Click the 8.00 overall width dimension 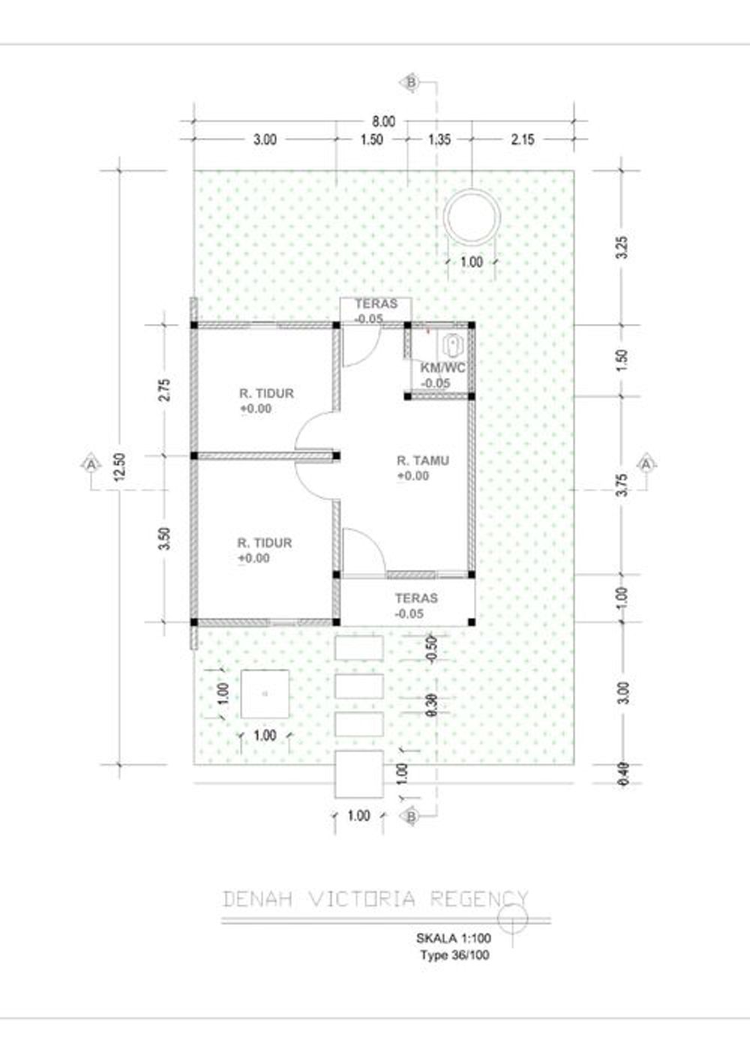click(383, 121)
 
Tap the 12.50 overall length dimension click(120, 466)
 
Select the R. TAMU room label click(423, 460)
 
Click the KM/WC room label click(442, 368)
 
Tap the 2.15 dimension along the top click(523, 139)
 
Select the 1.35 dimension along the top click(439, 139)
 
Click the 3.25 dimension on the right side click(624, 247)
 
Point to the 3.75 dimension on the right click(624, 484)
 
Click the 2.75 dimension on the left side click(165, 389)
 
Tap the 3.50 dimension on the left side click(165, 538)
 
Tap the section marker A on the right click(646, 463)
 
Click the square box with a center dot click(265, 694)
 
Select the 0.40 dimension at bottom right click(624, 774)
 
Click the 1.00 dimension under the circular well click(472, 262)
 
